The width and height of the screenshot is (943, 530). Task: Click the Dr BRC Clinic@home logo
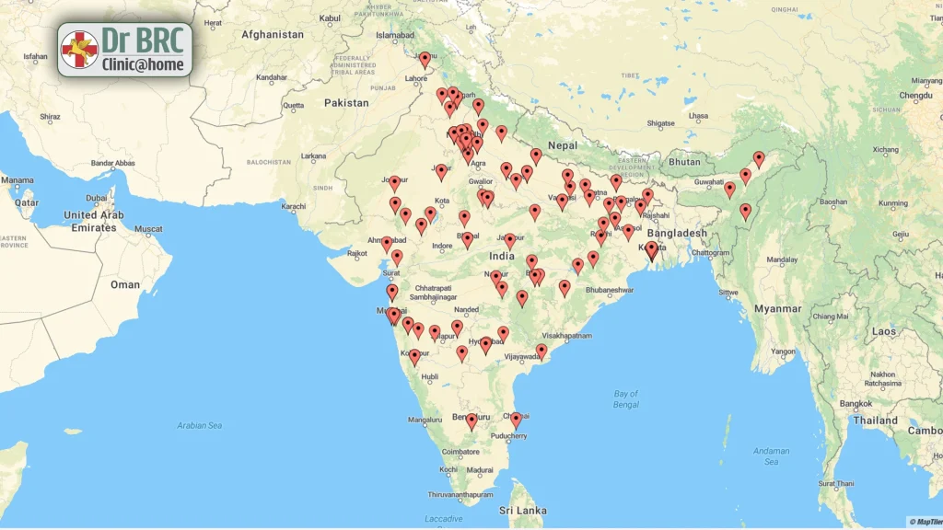[125, 50]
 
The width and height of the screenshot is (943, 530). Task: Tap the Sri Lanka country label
[523, 511]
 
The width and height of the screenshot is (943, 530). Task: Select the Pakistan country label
[346, 103]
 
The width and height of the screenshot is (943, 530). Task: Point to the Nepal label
[563, 145]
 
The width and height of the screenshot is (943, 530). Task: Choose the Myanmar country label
[778, 309]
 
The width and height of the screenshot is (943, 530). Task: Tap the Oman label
[125, 285]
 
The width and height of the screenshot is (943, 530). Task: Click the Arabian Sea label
[200, 425]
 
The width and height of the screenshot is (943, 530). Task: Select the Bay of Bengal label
[626, 399]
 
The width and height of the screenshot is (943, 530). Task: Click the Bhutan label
[684, 162]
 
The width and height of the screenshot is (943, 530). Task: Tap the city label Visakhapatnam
[566, 337]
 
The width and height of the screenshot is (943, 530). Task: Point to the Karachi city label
[294, 206]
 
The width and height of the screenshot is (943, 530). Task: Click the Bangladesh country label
[677, 234]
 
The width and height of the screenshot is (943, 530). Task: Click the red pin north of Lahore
[425, 59]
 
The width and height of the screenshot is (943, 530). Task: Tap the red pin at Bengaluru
[471, 420]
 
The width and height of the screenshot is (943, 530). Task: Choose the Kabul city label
[330, 18]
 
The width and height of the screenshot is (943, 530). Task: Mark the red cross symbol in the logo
[79, 50]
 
